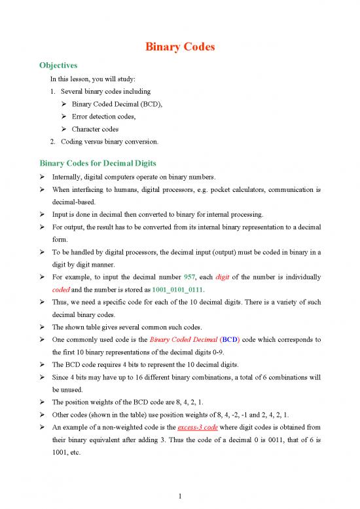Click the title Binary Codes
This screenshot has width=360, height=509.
coord(179,48)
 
